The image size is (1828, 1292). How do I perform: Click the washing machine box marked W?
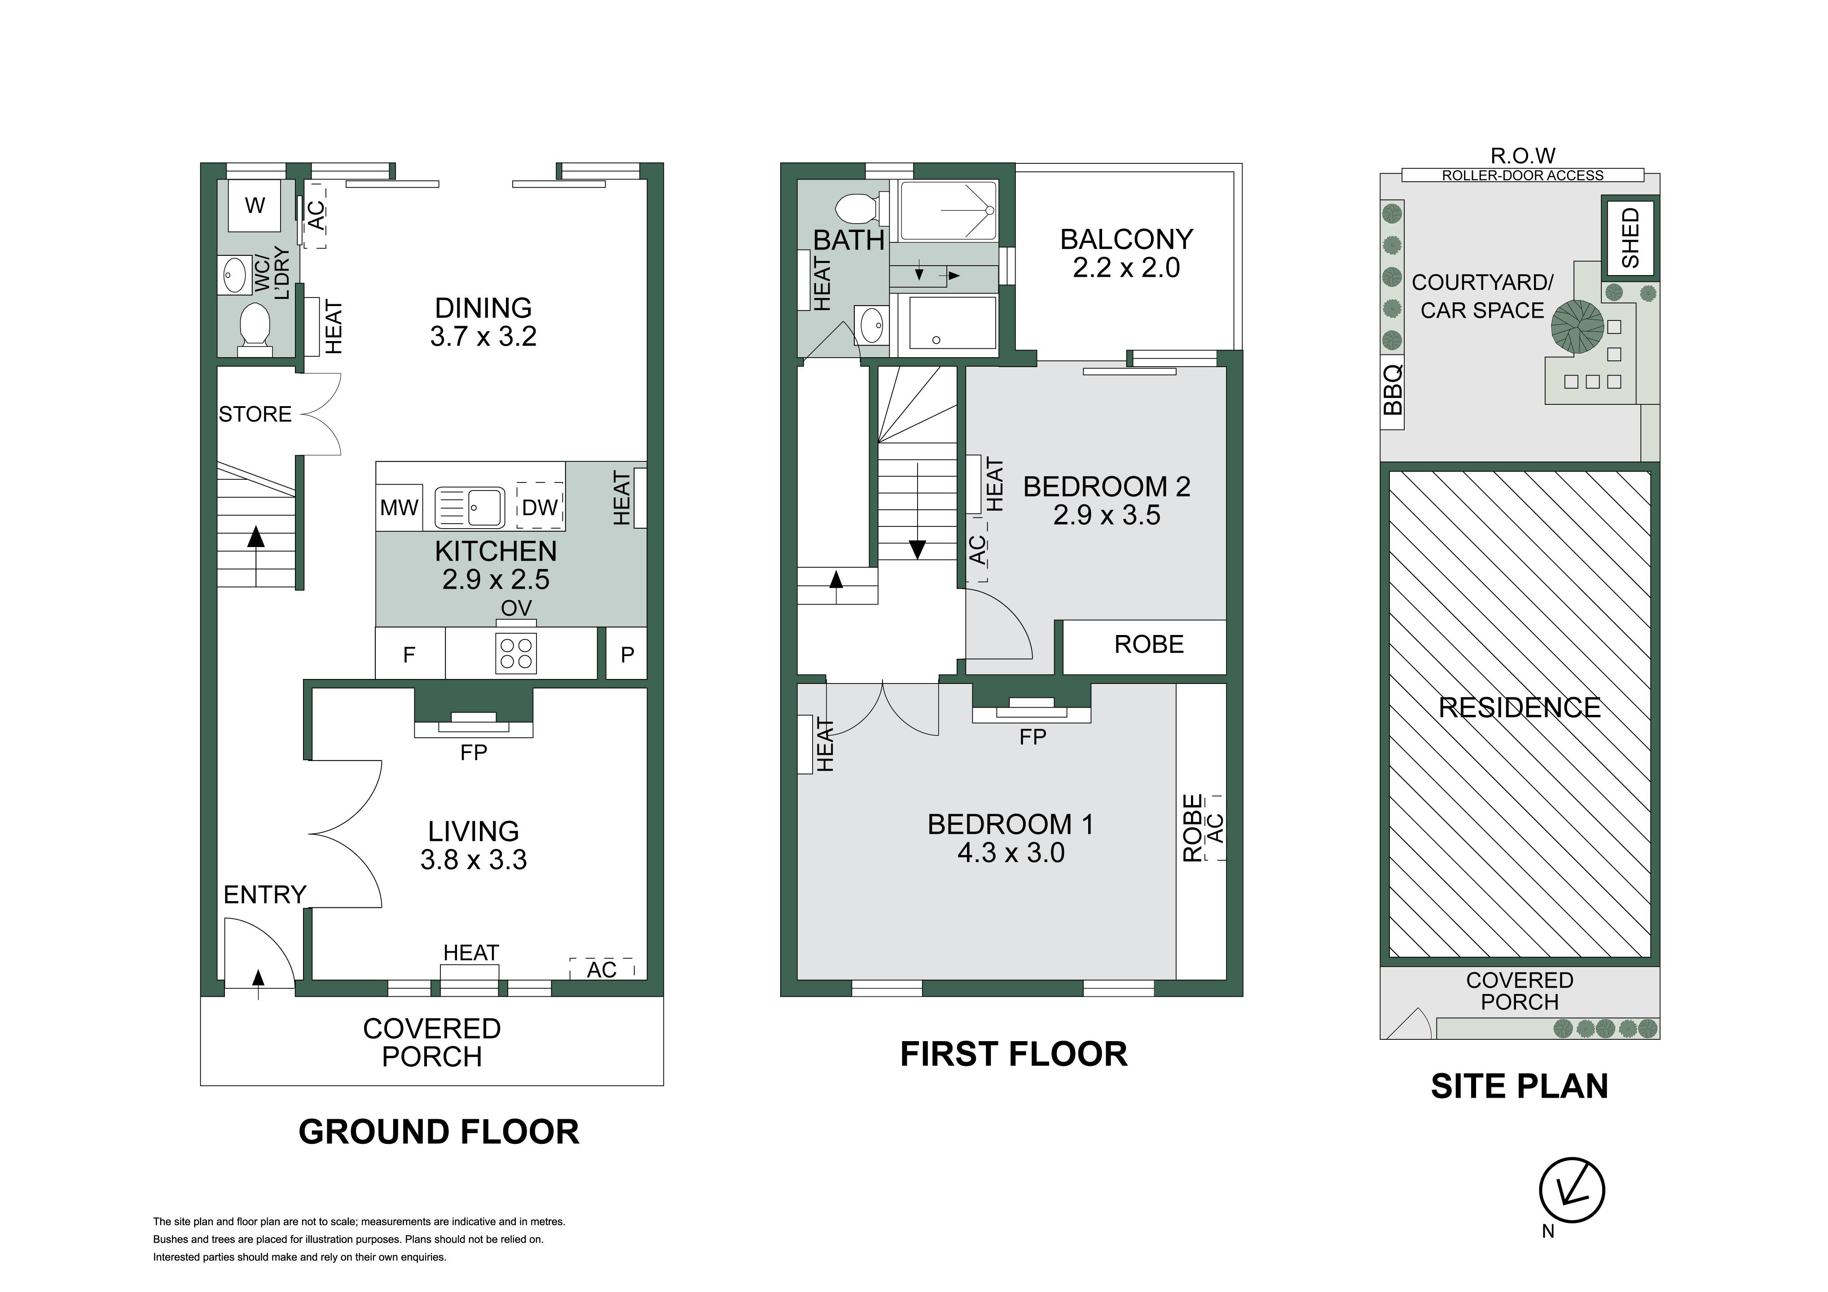point(255,206)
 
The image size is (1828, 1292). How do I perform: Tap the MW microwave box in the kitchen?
point(399,507)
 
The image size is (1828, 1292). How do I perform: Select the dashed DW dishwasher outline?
point(540,506)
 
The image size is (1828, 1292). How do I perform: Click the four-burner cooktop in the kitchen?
point(516,653)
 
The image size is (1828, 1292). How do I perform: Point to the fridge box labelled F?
point(410,654)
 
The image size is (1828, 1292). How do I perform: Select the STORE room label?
point(255,414)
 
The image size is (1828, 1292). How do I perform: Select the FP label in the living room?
point(474,752)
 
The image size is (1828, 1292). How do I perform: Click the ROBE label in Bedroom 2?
point(1149,644)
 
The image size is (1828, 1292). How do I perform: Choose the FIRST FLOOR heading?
point(1014,1054)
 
